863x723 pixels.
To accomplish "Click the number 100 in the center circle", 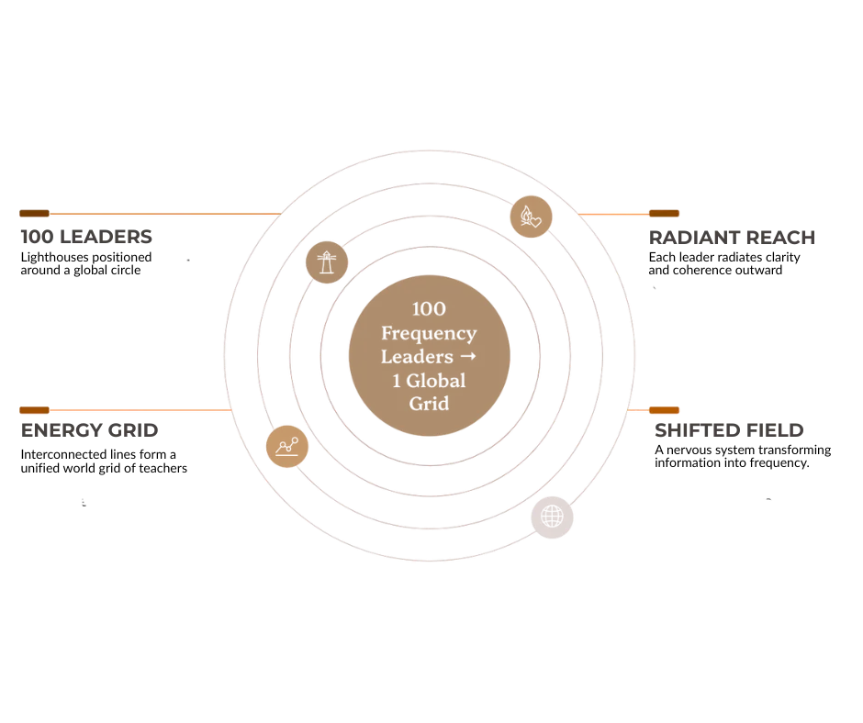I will [429, 308].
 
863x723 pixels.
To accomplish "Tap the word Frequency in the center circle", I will [429, 333].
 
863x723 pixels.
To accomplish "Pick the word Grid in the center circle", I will [429, 405].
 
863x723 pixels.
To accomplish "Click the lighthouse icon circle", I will [326, 262].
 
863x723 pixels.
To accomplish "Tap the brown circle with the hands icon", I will [531, 217].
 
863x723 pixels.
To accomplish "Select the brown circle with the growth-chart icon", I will [286, 447].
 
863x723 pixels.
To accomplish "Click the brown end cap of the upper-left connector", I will [33, 213].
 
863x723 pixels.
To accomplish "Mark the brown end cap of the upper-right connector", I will [665, 213].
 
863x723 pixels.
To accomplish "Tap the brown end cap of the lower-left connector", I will [34, 409].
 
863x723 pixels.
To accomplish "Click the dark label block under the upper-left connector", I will [85, 239].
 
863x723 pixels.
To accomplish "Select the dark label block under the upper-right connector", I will [730, 239].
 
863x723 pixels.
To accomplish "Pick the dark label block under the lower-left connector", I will [91, 428].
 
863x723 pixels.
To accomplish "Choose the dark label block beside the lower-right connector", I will [730, 428].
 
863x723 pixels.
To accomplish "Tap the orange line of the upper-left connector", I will [165, 215].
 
